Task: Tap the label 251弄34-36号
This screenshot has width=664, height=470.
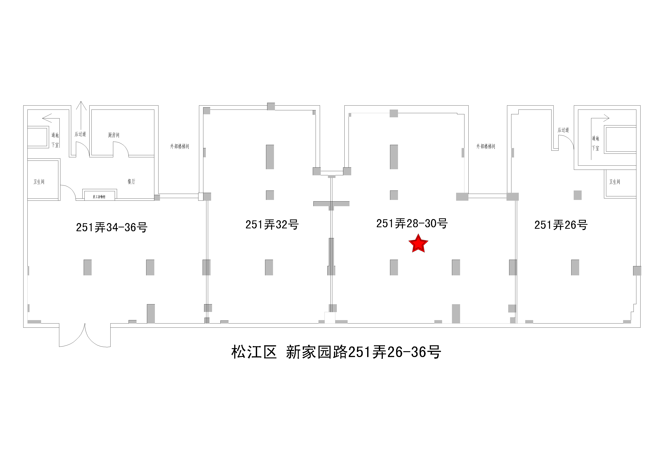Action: pyautogui.click(x=112, y=227)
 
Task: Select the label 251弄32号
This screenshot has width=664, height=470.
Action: pyautogui.click(x=272, y=225)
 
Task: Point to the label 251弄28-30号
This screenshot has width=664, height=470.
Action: pyautogui.click(x=412, y=223)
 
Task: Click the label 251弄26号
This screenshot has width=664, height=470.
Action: pyautogui.click(x=561, y=225)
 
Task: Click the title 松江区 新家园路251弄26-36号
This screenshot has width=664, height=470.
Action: pyautogui.click(x=336, y=352)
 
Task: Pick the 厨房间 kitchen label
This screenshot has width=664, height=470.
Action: pyautogui.click(x=114, y=135)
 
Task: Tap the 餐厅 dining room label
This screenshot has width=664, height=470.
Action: pyautogui.click(x=131, y=181)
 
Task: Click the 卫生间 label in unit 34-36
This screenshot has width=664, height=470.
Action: pyautogui.click(x=39, y=182)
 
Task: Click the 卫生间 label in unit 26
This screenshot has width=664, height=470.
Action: pyautogui.click(x=615, y=182)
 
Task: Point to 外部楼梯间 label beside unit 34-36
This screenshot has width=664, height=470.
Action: pyautogui.click(x=179, y=146)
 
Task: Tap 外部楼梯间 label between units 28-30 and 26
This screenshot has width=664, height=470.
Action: pyautogui.click(x=486, y=146)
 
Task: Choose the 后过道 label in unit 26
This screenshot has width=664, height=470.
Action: pyautogui.click(x=563, y=130)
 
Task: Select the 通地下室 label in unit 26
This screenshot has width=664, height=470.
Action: pyautogui.click(x=595, y=143)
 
